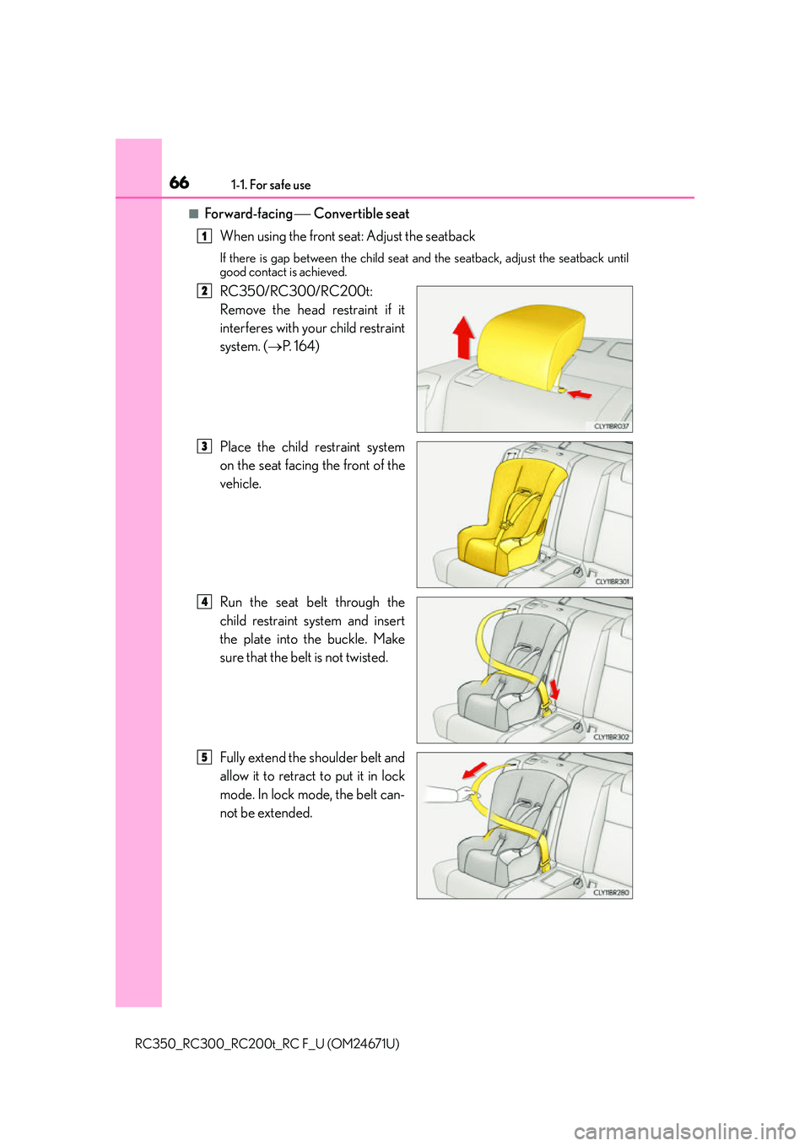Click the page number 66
(179, 182)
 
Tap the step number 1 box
(204, 236)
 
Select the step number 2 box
(204, 291)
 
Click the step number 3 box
(204, 446)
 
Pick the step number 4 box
(204, 602)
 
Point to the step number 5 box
(204, 757)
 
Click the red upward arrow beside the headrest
(463, 338)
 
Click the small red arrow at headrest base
(580, 393)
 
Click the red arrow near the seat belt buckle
(553, 689)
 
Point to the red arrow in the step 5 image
(474, 770)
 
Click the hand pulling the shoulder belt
(444, 794)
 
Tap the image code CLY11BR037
(611, 426)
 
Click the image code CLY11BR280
(611, 892)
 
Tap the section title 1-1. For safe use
(270, 185)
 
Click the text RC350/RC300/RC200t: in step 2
(296, 291)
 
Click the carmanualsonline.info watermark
(684, 1131)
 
